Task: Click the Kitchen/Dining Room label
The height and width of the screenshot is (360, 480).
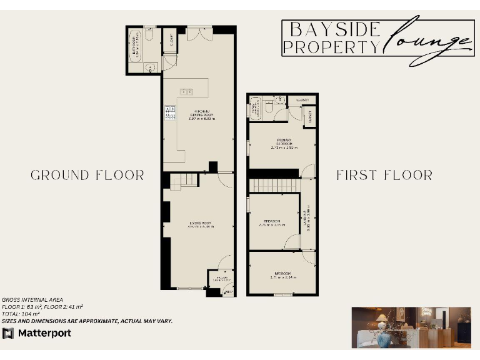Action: tap(201, 114)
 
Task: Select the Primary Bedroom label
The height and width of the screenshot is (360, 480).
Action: tap(284, 144)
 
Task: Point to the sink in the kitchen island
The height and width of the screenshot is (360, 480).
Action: tap(186, 92)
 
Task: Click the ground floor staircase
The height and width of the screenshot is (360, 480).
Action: tap(183, 181)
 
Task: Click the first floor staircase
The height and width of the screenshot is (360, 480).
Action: tap(274, 186)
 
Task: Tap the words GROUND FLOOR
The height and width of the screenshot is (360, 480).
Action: tap(87, 175)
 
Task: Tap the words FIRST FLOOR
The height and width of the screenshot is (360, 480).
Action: tap(384, 175)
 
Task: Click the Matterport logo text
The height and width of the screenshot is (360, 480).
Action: tap(43, 333)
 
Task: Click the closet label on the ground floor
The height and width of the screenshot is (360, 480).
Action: tap(171, 40)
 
